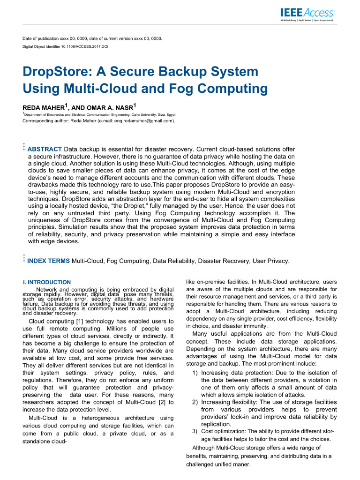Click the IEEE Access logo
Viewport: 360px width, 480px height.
coord(307,15)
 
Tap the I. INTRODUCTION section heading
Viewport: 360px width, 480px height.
coord(47,282)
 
